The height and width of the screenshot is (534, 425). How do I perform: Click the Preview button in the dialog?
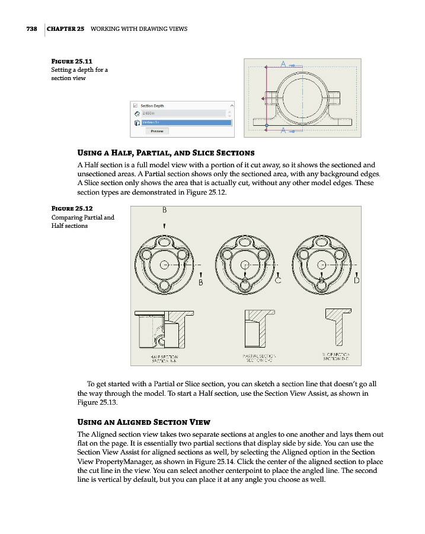(x=157, y=131)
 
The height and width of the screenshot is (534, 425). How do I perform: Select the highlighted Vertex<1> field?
(x=185, y=122)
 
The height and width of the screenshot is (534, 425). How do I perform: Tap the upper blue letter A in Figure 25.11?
(x=283, y=63)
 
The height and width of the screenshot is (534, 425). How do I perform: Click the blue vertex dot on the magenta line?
(x=266, y=126)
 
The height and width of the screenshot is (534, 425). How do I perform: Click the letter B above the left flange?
(x=164, y=209)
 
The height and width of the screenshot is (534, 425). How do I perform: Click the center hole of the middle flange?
(x=244, y=265)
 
